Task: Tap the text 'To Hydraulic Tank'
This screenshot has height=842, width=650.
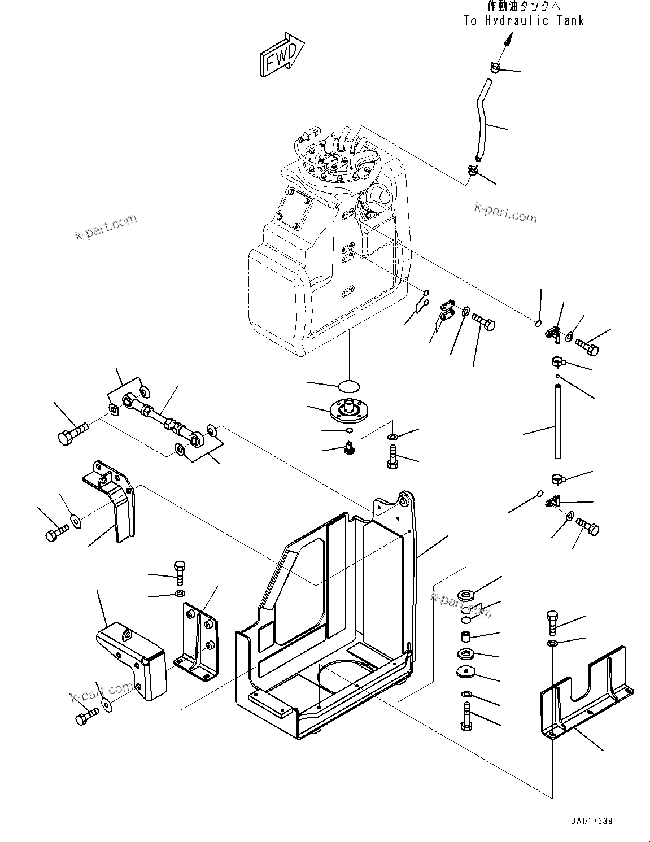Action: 524,21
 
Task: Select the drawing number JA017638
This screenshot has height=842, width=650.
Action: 587,821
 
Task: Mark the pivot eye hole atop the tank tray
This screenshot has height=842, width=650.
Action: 404,500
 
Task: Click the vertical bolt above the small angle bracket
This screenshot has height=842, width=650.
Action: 180,573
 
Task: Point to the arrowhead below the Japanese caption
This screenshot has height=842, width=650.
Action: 508,40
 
